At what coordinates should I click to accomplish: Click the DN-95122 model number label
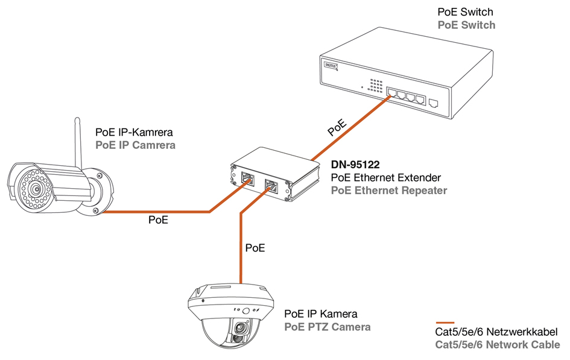[355, 164]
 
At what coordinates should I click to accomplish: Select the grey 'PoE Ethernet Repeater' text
[389, 191]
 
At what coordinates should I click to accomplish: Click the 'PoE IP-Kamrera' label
[135, 132]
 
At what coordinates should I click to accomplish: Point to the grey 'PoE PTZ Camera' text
[328, 327]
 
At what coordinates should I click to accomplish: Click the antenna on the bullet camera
[78, 142]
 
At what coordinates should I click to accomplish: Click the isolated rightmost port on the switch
[433, 103]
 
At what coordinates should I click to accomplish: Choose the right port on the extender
[271, 185]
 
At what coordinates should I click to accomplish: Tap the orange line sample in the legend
[445, 322]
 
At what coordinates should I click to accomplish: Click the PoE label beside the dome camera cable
[255, 247]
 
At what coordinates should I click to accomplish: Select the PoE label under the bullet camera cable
[158, 220]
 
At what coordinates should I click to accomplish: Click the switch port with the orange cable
[392, 93]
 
